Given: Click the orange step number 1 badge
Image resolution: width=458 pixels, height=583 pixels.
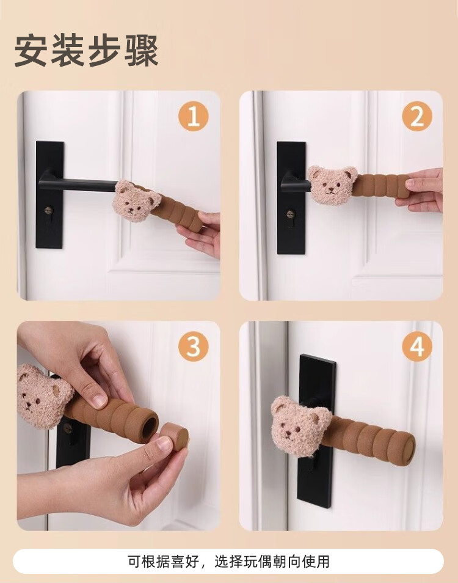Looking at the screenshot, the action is [193, 116].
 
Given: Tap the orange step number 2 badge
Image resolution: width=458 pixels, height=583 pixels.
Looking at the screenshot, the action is [417, 116].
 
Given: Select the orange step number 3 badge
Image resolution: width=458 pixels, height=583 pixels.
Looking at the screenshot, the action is [193, 346].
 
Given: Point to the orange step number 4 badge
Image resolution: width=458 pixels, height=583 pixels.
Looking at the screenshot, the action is [417, 346].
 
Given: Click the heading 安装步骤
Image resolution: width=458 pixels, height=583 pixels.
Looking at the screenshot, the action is [87, 51].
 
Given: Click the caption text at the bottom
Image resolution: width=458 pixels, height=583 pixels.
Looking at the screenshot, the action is [229, 562].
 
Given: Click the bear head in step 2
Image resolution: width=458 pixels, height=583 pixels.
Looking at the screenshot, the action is [332, 185].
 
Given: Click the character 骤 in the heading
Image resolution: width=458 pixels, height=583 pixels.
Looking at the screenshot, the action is [142, 51].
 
